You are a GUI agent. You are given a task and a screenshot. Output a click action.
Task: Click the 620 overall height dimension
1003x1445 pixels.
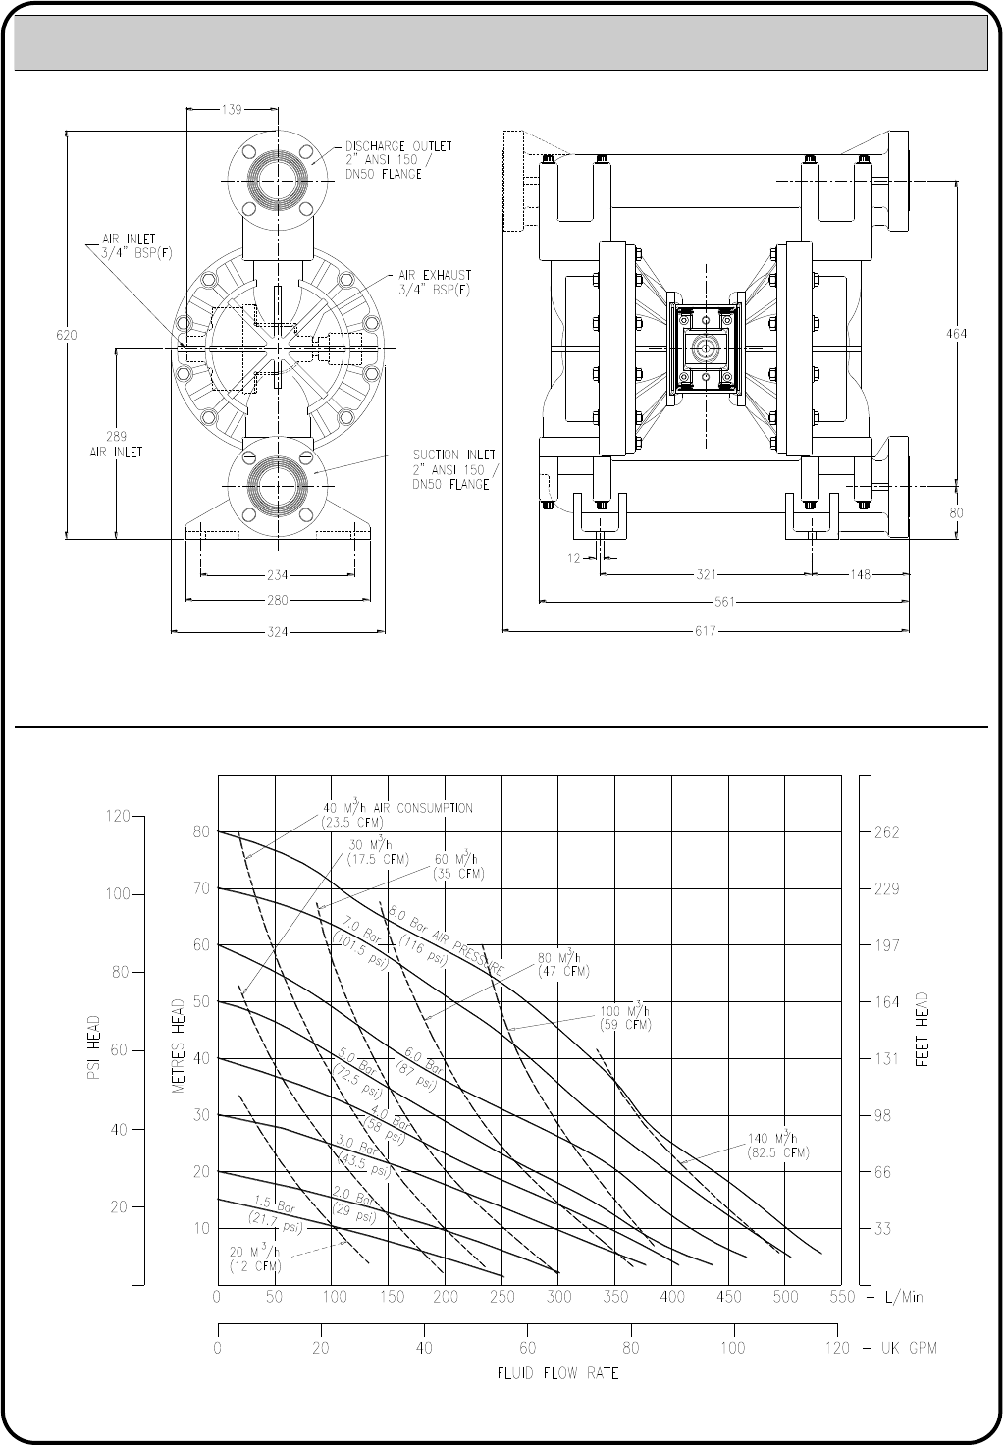[67, 335]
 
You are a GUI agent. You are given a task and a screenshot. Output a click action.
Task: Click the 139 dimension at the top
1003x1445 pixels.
[232, 110]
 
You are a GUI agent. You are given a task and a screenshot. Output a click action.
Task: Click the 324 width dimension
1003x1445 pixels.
[278, 631]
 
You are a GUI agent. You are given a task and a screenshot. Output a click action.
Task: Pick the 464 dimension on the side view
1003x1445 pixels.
[957, 334]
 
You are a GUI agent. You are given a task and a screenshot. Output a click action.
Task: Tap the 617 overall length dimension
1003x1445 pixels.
[706, 631]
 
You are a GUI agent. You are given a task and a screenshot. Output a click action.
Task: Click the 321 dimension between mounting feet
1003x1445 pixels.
[706, 574]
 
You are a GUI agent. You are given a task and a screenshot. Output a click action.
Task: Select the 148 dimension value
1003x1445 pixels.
[861, 574]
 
